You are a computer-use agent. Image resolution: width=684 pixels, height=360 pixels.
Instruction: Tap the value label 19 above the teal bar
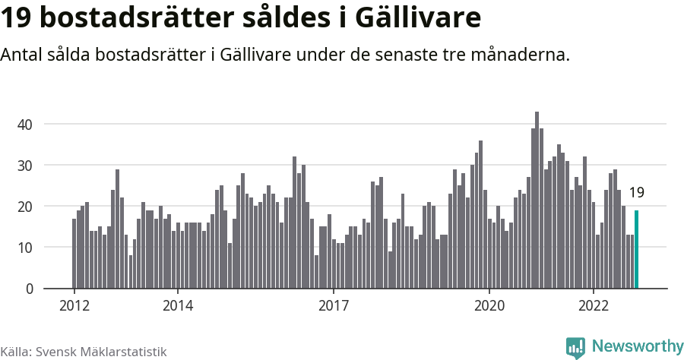pos(637,193)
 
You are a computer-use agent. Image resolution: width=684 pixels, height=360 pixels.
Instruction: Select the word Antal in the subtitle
pos(24,55)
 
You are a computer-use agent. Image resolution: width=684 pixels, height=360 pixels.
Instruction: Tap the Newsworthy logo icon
pos(575,347)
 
